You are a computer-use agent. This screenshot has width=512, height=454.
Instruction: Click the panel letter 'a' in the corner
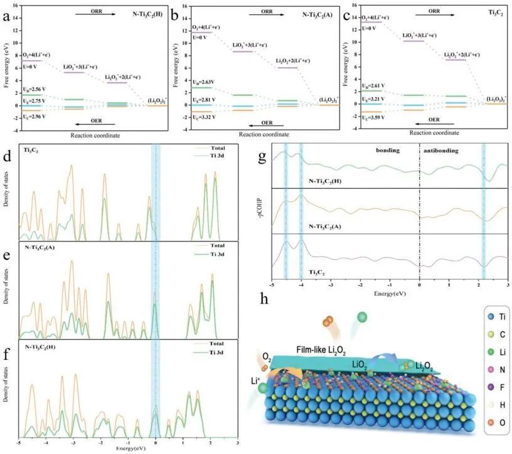tap(7, 17)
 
